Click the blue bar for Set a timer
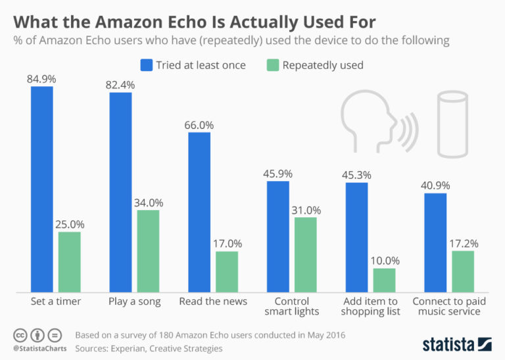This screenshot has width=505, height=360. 42,189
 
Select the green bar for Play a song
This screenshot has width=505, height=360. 148,251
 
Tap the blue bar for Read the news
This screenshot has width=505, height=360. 199,212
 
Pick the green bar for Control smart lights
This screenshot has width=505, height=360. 305,254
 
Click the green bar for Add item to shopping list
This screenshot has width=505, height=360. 384,280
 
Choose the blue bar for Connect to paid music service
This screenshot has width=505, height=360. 435,242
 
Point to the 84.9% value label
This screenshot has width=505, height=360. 42,79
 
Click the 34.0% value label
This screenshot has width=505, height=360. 148,203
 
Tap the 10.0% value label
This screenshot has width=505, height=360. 384,261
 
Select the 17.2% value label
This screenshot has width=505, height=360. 463,244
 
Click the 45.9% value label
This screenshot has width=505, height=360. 278,174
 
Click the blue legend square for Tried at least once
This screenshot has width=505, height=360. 146,64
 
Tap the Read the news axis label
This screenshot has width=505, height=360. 213,301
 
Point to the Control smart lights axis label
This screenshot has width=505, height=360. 292,306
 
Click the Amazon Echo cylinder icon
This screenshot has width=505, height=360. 453,124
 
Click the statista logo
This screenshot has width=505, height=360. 456,344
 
